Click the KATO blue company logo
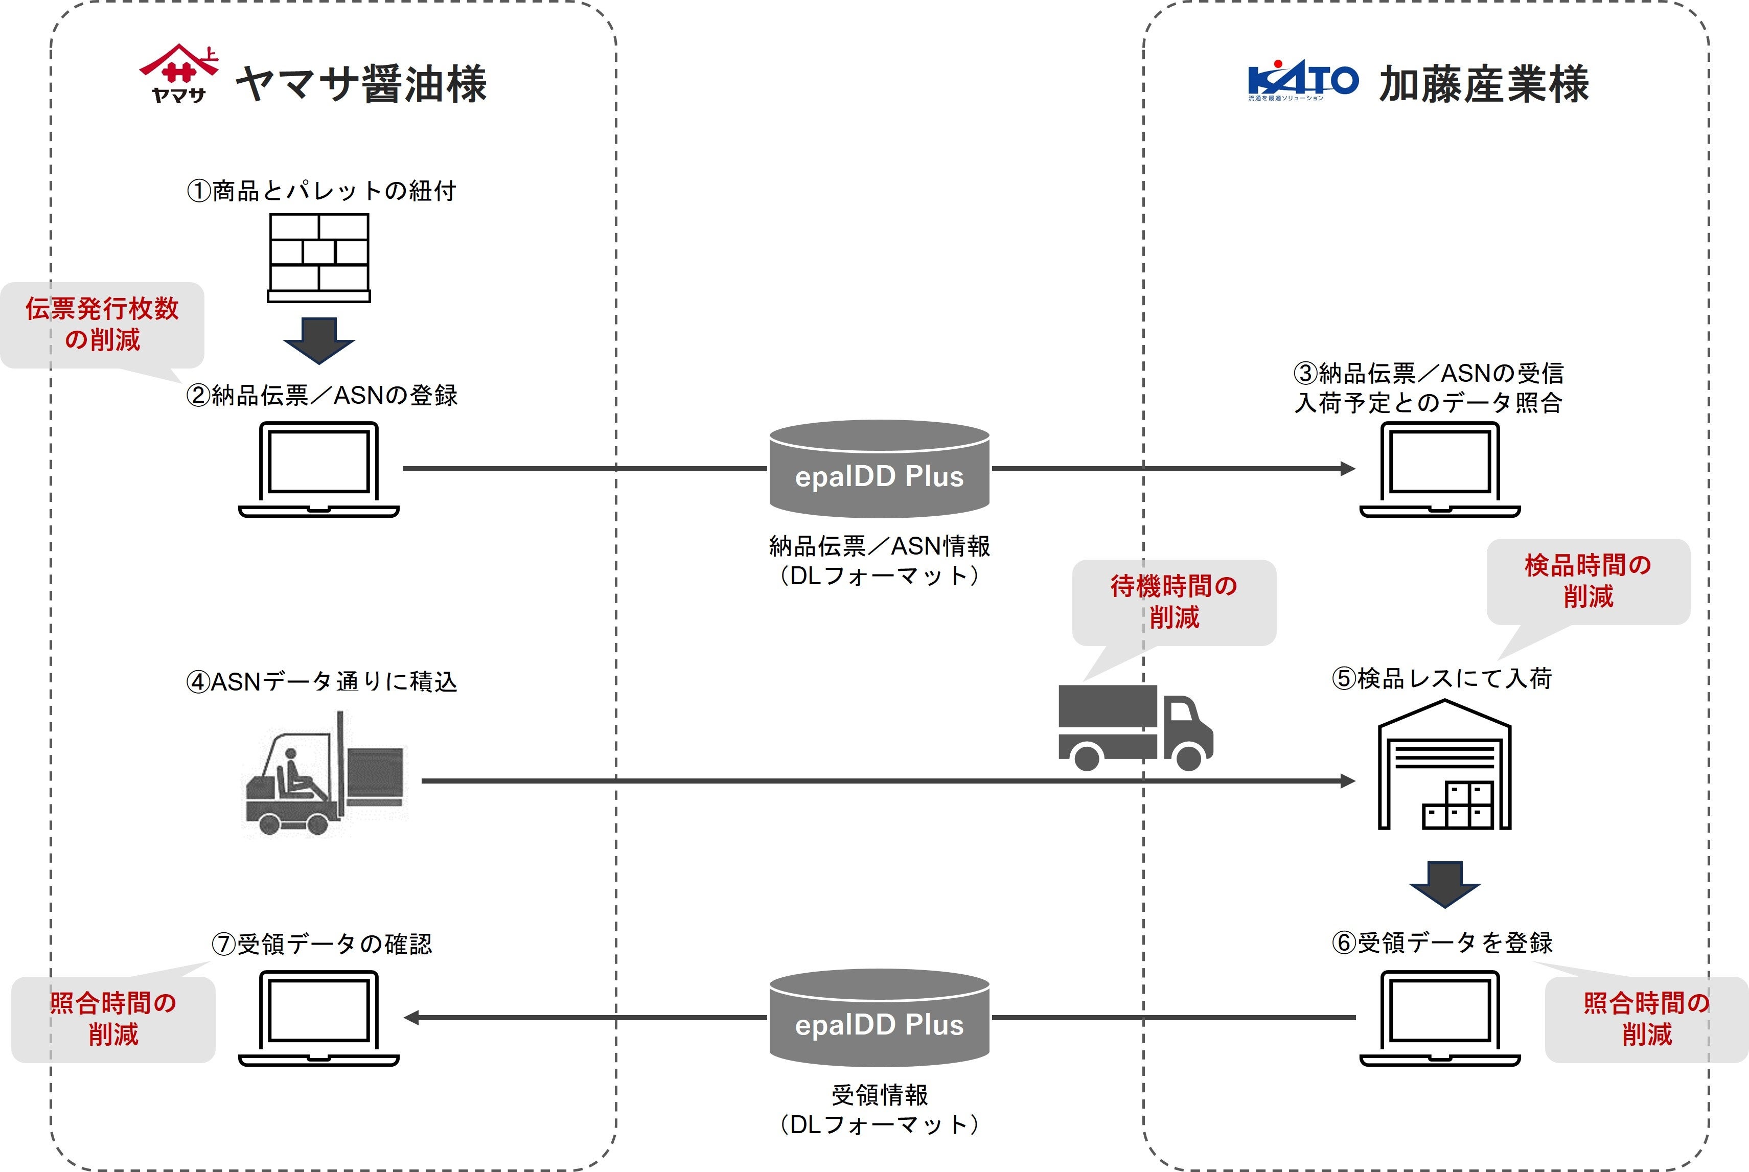[x=1302, y=80]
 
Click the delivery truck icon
[x=1135, y=728]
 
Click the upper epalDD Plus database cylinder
[x=879, y=469]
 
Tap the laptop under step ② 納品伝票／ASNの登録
[x=318, y=469]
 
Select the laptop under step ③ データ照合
[x=1440, y=469]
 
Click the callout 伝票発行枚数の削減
[x=102, y=325]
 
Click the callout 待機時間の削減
[x=1173, y=602]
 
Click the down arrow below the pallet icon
[x=318, y=340]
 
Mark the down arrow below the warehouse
[x=1444, y=884]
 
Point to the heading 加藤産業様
[x=1484, y=84]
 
